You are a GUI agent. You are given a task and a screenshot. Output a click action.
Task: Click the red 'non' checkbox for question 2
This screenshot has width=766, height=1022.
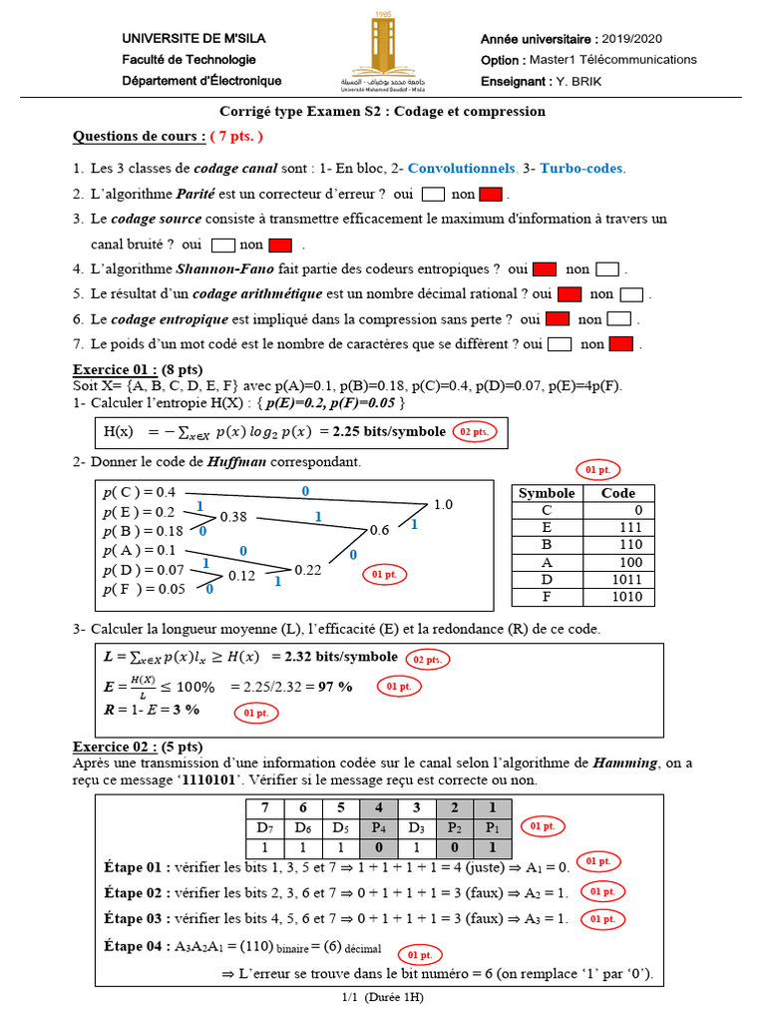point(490,194)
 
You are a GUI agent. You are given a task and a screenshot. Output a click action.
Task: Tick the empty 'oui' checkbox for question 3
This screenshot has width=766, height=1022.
point(223,245)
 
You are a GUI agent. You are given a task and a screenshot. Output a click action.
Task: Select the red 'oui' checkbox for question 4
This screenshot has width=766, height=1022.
point(544,269)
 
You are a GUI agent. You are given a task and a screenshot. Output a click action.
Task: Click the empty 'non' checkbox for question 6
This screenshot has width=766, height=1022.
point(619,319)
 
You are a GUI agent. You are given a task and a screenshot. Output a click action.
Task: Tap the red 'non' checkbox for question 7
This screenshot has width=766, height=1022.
point(621,344)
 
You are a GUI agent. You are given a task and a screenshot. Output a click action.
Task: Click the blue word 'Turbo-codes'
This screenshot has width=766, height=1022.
point(581,169)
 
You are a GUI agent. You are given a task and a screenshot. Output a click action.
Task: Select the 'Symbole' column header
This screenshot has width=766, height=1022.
point(547,493)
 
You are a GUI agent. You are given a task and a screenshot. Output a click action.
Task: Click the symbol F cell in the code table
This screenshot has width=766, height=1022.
point(547,596)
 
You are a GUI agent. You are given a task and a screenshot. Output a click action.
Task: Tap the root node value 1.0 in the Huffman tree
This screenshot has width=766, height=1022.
point(443,504)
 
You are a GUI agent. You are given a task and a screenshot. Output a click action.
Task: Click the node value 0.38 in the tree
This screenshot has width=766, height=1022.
point(233,517)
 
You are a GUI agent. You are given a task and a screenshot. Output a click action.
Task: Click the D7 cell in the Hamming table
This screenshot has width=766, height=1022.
point(264,827)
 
